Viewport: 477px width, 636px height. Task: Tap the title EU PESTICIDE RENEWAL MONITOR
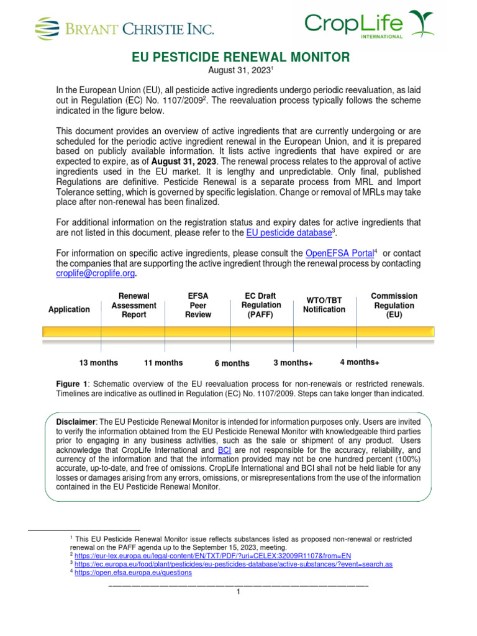click(242, 58)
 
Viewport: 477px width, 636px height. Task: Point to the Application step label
click(69, 309)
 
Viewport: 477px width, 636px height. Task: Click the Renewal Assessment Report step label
click(134, 306)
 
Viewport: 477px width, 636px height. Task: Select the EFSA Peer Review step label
click(198, 306)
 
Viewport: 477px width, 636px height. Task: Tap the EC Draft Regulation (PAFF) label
click(261, 305)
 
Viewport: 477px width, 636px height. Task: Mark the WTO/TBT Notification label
click(324, 304)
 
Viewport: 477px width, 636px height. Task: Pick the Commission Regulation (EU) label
click(394, 305)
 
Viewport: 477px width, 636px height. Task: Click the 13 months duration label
click(98, 363)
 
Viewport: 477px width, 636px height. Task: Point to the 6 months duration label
click(232, 363)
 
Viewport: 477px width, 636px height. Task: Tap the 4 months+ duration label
click(360, 362)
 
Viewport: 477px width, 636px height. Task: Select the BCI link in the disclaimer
click(224, 449)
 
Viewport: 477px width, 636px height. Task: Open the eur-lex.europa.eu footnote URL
click(212, 555)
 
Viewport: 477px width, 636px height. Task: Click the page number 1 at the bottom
click(238, 593)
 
